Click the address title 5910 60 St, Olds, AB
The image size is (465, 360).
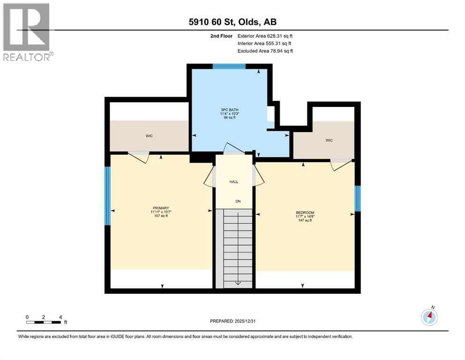coord(233,22)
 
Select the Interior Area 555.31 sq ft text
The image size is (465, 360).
coord(265,44)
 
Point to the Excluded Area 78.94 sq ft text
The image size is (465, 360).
coord(265,51)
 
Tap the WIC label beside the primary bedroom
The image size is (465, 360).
coord(149,136)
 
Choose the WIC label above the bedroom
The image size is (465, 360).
coord(329,141)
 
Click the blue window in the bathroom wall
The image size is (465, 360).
coord(229,67)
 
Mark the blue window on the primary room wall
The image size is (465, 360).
coord(107,195)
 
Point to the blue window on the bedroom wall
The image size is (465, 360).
coord(357,198)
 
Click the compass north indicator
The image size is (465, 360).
coord(429,317)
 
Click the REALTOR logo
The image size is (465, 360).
coord(27,32)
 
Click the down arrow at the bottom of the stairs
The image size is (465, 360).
coord(237,282)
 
